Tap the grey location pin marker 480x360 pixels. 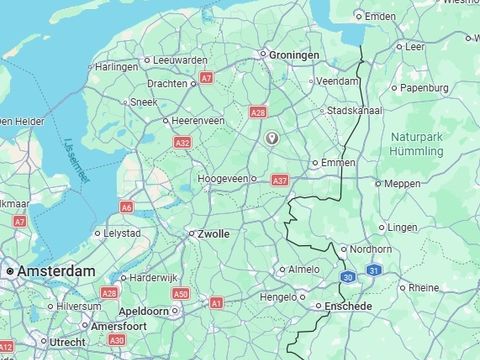click(270, 138)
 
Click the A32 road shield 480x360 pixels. click(183, 144)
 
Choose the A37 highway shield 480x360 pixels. click(280, 180)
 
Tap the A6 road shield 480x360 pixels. click(126, 207)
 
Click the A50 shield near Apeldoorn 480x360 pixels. click(180, 294)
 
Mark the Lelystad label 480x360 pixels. click(126, 233)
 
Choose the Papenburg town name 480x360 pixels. click(425, 87)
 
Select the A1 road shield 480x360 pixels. click(217, 302)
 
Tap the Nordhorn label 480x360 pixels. click(373, 249)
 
